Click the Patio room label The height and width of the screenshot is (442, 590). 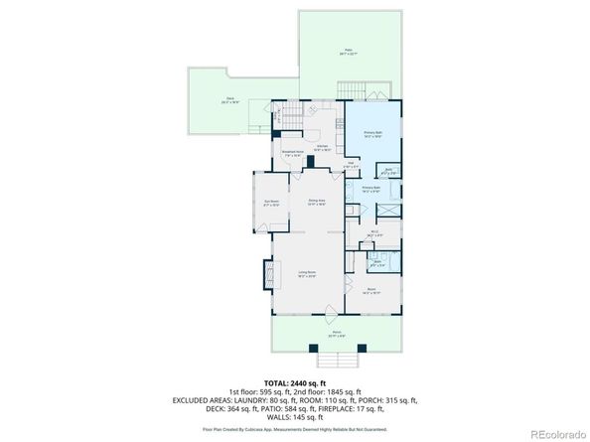[348, 52]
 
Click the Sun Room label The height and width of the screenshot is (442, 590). [269, 202]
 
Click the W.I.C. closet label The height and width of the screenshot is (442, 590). [374, 235]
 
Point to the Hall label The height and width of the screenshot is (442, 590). [353, 165]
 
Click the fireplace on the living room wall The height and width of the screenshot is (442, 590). [266, 273]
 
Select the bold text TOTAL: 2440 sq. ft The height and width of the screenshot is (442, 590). [295, 381]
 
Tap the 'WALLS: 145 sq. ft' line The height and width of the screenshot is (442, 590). [295, 414]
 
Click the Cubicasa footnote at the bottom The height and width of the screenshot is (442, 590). [295, 429]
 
